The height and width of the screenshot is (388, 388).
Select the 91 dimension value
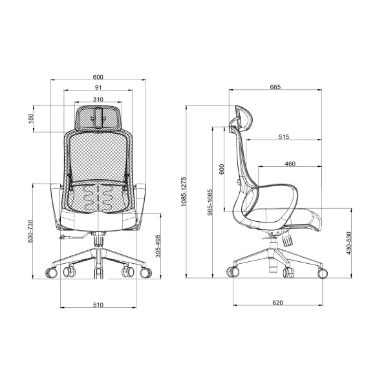[98, 88]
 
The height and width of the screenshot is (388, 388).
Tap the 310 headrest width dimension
[98, 99]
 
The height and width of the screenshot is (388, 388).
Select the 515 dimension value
[284, 137]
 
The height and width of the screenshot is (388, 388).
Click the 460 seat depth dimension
[290, 164]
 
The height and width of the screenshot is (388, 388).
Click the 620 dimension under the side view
[277, 302]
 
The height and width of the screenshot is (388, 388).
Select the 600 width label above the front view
[98, 77]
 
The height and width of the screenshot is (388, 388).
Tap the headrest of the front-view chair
[98, 116]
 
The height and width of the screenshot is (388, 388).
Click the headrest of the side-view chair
[244, 120]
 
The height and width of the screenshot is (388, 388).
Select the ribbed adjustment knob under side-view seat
[285, 237]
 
